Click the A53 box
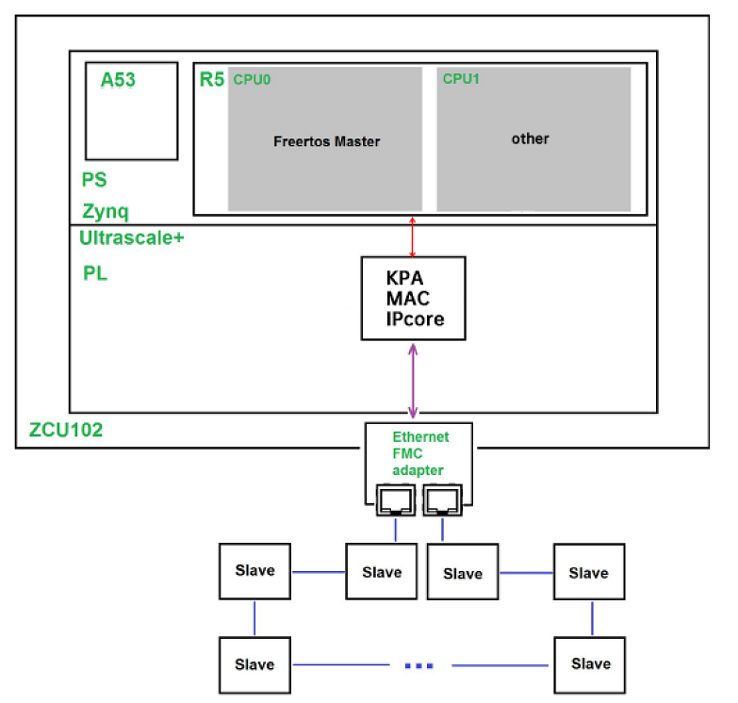tap(131, 111)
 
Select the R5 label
tap(211, 79)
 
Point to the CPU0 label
tap(252, 80)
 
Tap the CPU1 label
tap(461, 79)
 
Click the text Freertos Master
tap(326, 141)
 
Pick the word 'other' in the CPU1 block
tap(530, 139)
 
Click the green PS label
tap(95, 179)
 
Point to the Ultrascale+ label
tap(132, 238)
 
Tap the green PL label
tap(95, 273)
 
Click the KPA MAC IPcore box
tap(413, 298)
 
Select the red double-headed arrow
tap(411, 236)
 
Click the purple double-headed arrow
tap(413, 381)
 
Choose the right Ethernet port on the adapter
tap(441, 499)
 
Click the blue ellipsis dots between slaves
tap(418, 665)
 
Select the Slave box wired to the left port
tap(381, 571)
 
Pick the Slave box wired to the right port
tap(462, 572)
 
